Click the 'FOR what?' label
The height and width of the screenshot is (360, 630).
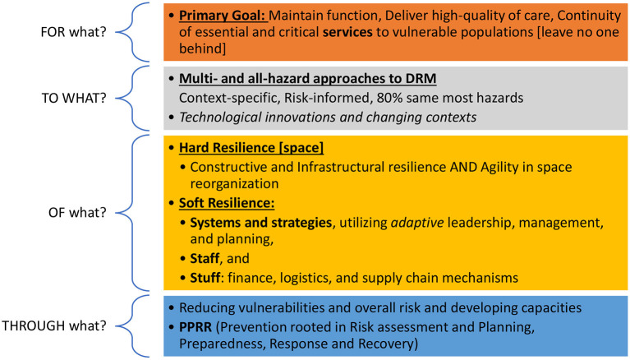coord(74,32)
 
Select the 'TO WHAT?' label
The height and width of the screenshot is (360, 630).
coord(74,98)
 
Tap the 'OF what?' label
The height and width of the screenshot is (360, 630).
coord(77,212)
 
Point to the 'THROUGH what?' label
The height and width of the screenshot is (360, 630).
coord(54,325)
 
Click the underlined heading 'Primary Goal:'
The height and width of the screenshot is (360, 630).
coord(223,16)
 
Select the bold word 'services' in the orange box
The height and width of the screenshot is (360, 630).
coord(347,32)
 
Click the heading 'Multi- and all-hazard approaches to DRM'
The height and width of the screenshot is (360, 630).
coord(308,78)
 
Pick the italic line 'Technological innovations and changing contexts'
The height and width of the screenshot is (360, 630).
coord(328,117)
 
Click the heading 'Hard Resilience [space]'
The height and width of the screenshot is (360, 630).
coord(251,148)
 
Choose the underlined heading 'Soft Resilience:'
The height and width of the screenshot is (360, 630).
coord(227,203)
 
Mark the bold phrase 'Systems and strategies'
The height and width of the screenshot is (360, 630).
coord(260,223)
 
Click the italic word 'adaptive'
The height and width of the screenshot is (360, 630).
coord(417,223)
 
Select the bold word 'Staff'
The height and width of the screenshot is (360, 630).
coord(205,258)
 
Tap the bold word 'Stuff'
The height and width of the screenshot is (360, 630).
coord(205,278)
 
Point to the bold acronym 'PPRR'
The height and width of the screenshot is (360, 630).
coord(195,327)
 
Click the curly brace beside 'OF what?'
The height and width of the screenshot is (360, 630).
coord(133,212)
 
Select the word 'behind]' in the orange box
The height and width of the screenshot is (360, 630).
coord(203,48)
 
